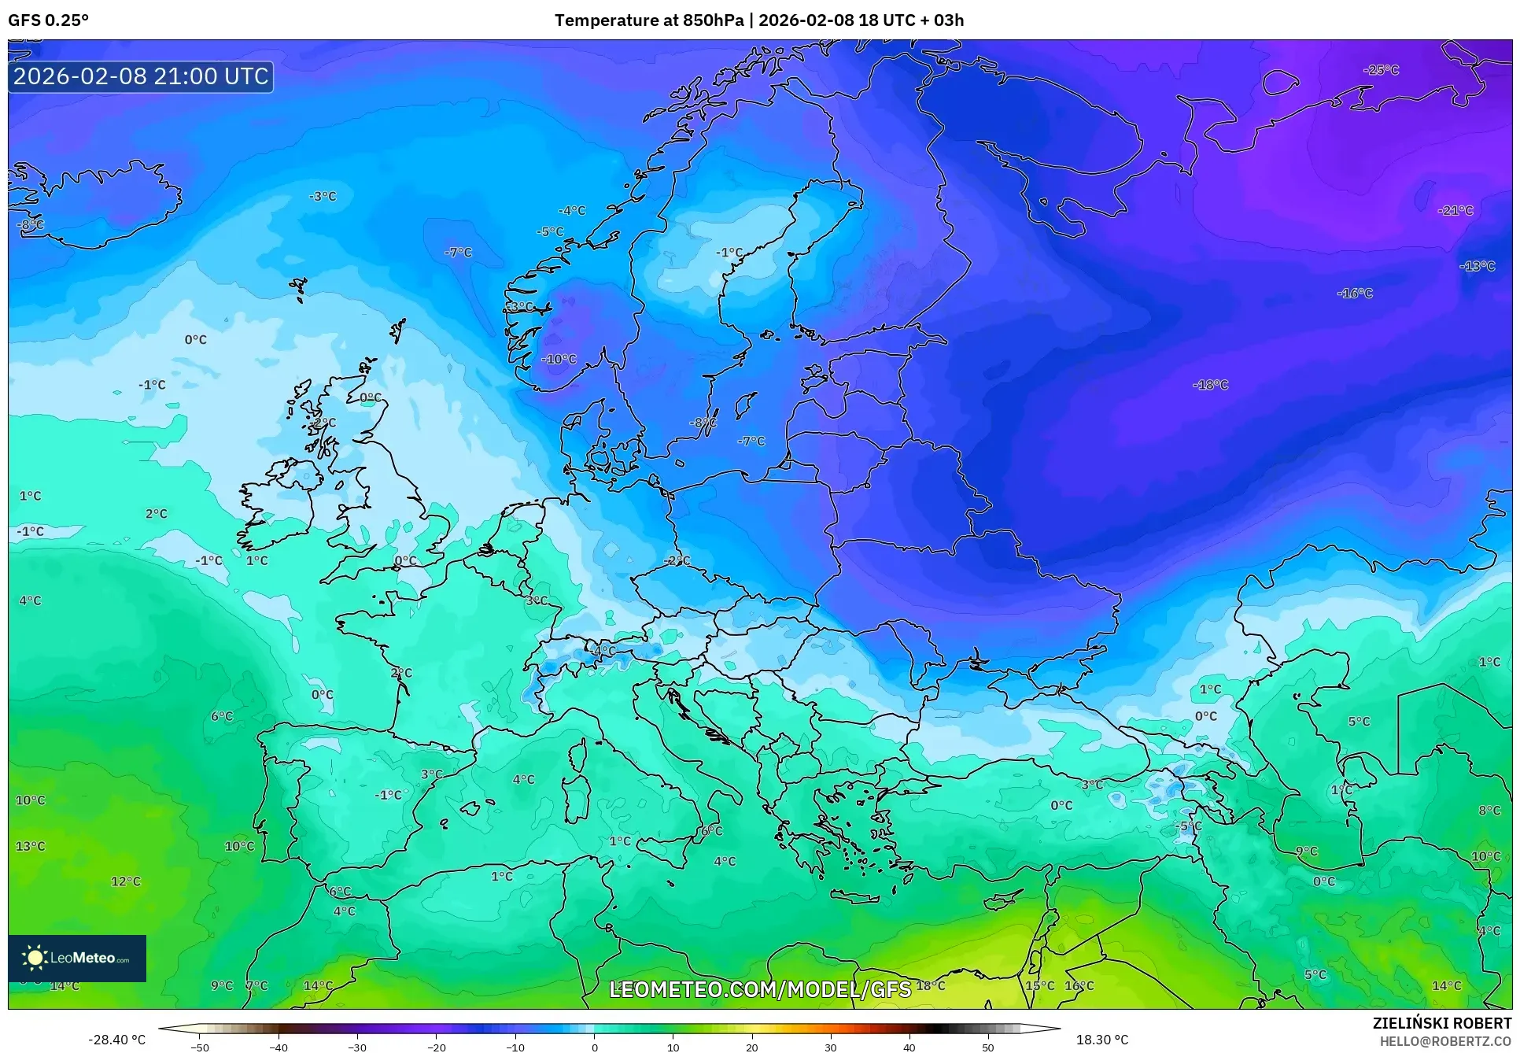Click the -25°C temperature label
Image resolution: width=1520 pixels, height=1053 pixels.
(x=1382, y=70)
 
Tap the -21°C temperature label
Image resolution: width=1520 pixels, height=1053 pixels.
(x=1455, y=210)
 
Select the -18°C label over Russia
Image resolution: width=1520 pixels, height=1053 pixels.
(x=1210, y=385)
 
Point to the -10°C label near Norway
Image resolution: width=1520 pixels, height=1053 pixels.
(x=559, y=359)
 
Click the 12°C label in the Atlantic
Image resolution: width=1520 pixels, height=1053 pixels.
(x=126, y=881)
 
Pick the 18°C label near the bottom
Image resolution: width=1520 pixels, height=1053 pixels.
(x=931, y=985)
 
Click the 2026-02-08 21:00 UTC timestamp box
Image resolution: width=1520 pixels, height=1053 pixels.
(x=141, y=76)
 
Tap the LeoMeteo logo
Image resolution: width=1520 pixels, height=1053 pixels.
(x=77, y=958)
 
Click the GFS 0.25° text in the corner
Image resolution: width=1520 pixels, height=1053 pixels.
(x=49, y=20)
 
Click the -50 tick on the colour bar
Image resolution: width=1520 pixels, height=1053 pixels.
(x=200, y=1047)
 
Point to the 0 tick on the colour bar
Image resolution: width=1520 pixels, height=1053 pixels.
(x=594, y=1047)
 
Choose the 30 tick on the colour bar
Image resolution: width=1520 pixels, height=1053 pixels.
(x=831, y=1047)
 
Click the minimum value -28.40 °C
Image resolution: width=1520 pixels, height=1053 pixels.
(x=117, y=1040)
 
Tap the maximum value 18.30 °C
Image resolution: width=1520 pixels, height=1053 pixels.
(x=1101, y=1040)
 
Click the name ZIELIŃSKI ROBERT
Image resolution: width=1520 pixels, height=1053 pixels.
(x=1441, y=1023)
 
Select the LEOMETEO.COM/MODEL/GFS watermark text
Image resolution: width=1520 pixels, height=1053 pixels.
(x=760, y=989)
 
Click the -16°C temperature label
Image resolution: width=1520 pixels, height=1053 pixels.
(x=1355, y=294)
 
